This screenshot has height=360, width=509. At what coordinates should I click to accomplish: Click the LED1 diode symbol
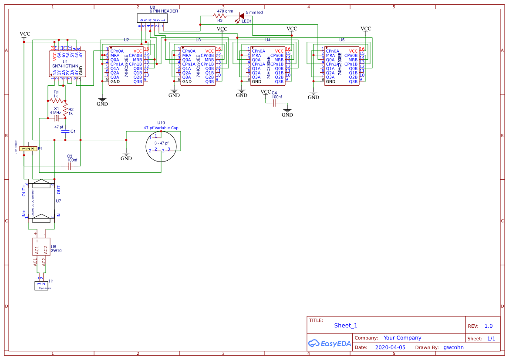click(241, 16)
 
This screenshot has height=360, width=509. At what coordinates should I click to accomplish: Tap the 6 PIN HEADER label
click(164, 11)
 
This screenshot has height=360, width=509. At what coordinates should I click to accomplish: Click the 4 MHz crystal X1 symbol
click(56, 118)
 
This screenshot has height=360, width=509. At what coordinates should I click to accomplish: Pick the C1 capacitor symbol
click(65, 131)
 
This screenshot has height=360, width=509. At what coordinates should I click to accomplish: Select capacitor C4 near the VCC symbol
click(274, 103)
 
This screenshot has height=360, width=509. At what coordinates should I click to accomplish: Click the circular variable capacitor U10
click(161, 145)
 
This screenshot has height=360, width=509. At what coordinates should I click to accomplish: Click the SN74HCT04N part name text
click(65, 67)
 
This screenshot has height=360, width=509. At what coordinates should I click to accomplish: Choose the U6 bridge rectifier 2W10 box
click(41, 247)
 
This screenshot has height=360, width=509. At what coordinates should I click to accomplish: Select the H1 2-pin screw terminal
click(40, 286)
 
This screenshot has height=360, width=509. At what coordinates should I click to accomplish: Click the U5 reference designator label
click(341, 40)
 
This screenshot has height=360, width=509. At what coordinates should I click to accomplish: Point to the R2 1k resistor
click(65, 110)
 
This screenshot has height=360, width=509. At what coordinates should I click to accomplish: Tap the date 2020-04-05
click(390, 347)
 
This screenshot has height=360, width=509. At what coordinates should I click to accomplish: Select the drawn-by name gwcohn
click(454, 347)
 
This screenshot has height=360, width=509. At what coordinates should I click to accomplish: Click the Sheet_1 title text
click(346, 326)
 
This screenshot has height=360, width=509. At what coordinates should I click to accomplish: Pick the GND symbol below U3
click(174, 94)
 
